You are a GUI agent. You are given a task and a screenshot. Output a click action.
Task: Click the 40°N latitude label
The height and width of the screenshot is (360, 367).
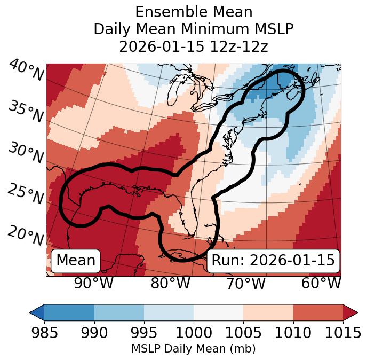pos(26,71)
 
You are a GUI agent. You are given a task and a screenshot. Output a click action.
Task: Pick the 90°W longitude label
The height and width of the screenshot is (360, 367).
pos(93,283)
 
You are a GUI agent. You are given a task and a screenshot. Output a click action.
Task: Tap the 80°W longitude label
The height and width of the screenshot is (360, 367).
pos(170,283)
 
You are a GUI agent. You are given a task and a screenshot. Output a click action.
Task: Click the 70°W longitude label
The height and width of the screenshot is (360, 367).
pos(245,283)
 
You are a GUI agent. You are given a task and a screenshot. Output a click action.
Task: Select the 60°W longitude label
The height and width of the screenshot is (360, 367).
pos(321,283)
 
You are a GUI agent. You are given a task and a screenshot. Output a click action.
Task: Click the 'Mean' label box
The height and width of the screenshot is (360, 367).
pos(76,261)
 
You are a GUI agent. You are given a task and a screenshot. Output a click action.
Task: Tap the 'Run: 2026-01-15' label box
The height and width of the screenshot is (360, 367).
pos(273,261)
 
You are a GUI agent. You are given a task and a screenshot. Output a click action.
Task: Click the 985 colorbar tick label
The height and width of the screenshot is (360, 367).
pos(44,333)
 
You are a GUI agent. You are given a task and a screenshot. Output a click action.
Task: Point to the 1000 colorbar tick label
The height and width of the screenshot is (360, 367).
pos(194,333)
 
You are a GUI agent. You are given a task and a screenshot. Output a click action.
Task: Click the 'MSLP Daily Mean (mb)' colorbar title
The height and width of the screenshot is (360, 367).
pos(194,349)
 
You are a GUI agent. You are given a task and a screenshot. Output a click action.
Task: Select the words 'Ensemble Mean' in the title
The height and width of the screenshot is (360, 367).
pos(194,12)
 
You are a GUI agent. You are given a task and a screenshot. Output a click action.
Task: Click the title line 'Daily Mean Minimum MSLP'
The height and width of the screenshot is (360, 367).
pos(194,29)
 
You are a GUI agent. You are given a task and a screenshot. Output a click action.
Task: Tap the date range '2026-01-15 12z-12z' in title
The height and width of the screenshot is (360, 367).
pos(194,46)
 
